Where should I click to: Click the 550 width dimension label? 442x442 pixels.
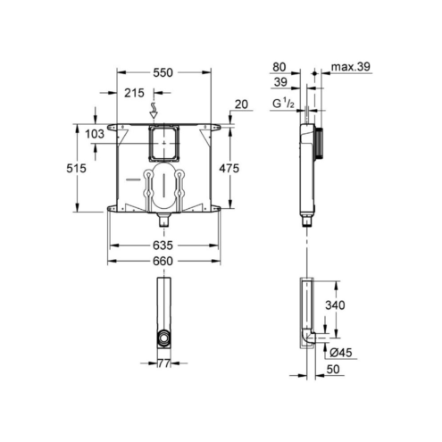[x=163, y=72]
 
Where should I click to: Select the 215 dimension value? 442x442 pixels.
[x=134, y=93]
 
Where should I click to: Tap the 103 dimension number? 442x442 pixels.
[x=95, y=134]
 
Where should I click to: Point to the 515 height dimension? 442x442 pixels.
[x=76, y=169]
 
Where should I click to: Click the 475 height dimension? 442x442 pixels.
[x=229, y=169]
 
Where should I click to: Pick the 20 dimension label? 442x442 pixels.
[x=241, y=104]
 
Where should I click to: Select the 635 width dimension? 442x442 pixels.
[x=163, y=246]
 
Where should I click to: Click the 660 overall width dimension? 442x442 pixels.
[x=163, y=261]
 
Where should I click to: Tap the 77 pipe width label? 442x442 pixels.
[x=163, y=363]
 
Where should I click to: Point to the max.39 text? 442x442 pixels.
[x=351, y=67]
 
